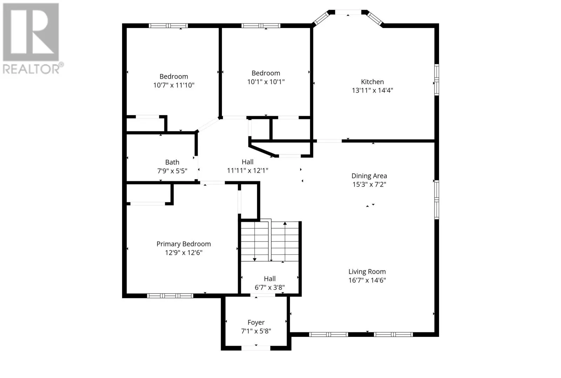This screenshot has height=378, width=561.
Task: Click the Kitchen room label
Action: (372, 82)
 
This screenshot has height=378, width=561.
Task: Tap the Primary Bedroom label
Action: (184, 244)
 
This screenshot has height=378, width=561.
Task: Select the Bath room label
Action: (172, 162)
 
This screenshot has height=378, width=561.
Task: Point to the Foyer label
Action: (256, 322)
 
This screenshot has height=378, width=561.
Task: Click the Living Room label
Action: (367, 272)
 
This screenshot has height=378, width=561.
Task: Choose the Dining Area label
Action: (369, 176)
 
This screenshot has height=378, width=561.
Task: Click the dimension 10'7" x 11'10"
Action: (174, 85)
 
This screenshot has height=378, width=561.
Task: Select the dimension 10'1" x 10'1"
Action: (266, 82)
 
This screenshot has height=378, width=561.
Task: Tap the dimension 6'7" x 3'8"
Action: (270, 287)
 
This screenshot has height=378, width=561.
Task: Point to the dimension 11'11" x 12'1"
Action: (248, 171)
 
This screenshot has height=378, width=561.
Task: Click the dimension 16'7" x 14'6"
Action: (367, 280)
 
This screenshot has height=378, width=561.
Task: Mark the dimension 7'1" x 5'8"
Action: (256, 331)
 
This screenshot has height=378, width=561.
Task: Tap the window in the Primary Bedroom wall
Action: (170, 296)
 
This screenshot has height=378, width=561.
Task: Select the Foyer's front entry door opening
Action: (256, 348)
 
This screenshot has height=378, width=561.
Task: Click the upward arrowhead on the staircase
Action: (285, 223)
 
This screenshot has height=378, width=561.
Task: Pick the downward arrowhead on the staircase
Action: (255, 259)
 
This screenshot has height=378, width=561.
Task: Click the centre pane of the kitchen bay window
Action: (348, 12)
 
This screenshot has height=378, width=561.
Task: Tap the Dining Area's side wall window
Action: (437, 200)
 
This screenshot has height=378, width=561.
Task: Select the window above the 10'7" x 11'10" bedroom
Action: (168, 26)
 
